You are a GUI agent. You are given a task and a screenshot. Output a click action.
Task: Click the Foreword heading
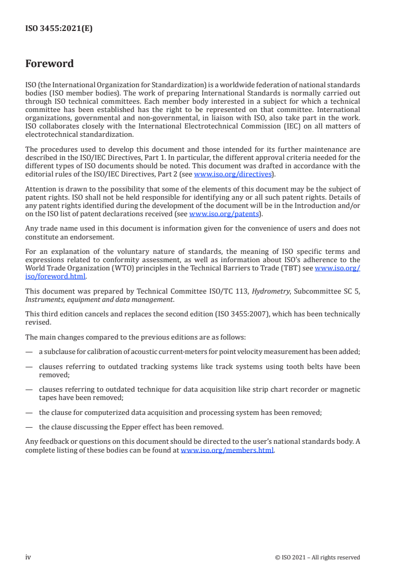click(50, 64)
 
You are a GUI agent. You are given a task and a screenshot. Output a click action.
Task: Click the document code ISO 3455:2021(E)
click(59, 29)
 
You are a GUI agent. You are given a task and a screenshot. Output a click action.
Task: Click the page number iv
click(28, 557)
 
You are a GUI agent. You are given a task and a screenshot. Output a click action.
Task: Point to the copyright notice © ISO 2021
click(318, 557)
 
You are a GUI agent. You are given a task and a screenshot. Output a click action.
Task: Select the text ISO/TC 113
click(231, 292)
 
